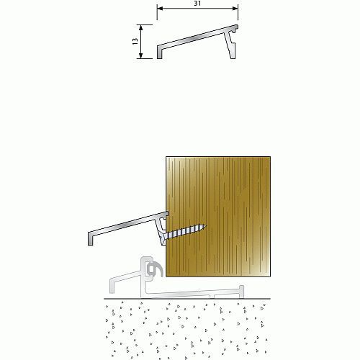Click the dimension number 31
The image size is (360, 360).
(x=197, y=4)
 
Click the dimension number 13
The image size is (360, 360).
(x=135, y=41)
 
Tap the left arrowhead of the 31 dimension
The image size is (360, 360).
(x=160, y=9)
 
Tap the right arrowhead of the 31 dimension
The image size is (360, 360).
(x=235, y=9)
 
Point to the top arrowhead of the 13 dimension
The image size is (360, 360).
(x=141, y=27)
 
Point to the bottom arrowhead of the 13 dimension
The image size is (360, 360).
(x=141, y=55)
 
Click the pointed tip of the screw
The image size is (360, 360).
(x=205, y=226)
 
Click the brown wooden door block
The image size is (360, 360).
(x=218, y=217)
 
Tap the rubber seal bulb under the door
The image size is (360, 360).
(x=156, y=269)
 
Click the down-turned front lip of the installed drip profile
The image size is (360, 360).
(x=91, y=238)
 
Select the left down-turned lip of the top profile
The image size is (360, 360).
(x=159, y=52)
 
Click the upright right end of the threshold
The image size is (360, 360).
(x=241, y=292)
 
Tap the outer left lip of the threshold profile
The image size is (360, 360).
(x=112, y=286)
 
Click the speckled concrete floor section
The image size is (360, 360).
(x=186, y=329)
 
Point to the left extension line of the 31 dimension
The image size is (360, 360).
(x=157, y=13)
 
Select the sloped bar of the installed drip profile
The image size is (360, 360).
(x=129, y=224)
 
